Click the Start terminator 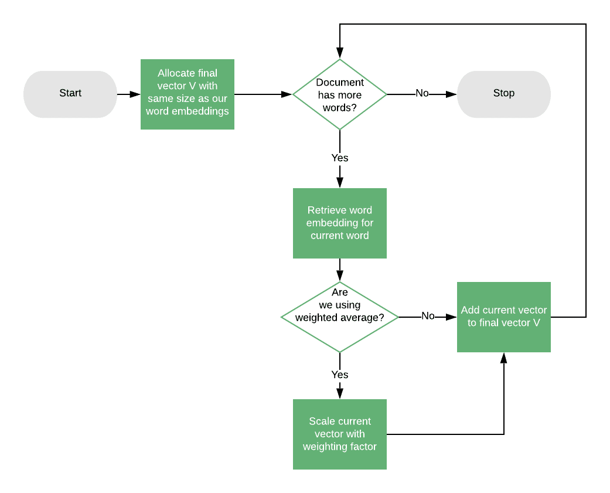(x=70, y=94)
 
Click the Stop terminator (x=503, y=94)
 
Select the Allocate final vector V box (x=188, y=94)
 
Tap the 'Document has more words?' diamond (x=340, y=94)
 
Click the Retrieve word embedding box (x=340, y=223)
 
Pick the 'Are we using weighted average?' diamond (x=340, y=317)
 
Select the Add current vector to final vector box (x=503, y=317)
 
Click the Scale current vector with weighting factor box (x=340, y=434)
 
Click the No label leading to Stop (x=422, y=93)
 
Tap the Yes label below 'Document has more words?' (x=340, y=158)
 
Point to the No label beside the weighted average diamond (x=428, y=316)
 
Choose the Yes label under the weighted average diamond (x=340, y=375)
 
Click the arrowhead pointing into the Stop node (x=452, y=94)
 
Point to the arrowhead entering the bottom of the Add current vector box (x=504, y=358)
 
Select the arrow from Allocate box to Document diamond (x=263, y=94)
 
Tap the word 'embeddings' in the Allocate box (x=205, y=111)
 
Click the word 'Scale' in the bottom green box (x=322, y=421)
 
